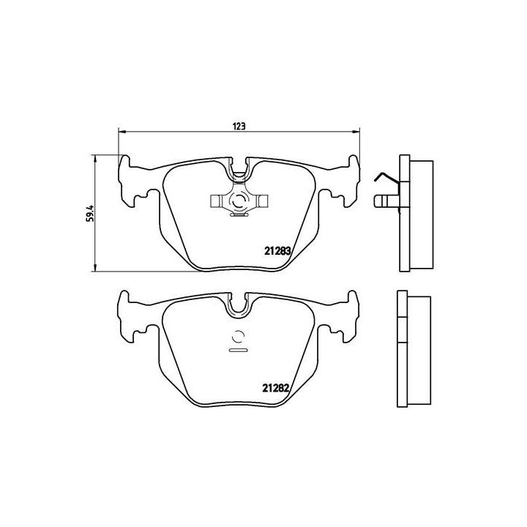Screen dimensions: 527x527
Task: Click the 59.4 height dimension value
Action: (89, 213)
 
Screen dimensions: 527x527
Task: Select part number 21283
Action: (278, 250)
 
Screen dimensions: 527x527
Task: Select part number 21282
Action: (278, 389)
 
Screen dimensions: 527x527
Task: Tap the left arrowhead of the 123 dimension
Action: (122, 132)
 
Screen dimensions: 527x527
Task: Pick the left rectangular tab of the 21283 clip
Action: (217, 200)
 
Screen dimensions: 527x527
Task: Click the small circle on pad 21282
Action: (239, 337)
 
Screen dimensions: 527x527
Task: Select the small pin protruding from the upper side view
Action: (381, 199)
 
